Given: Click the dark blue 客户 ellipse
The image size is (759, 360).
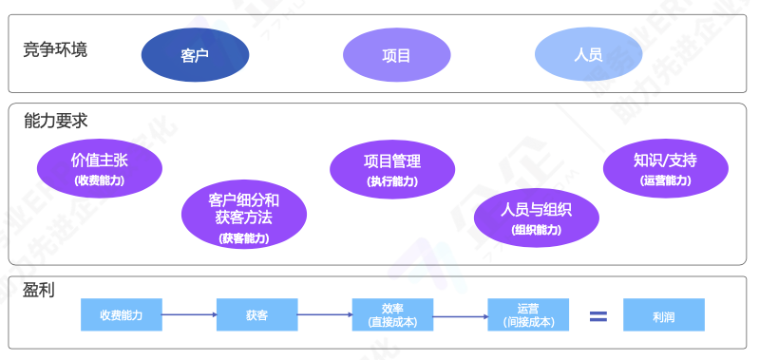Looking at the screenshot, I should pyautogui.click(x=195, y=54).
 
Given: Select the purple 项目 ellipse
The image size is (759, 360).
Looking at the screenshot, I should pyautogui.click(x=396, y=54).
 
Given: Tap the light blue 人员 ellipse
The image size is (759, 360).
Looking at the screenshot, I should pyautogui.click(x=588, y=54).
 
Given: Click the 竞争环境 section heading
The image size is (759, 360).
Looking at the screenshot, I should pyautogui.click(x=55, y=48).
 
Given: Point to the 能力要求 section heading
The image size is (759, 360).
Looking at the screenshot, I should pyautogui.click(x=55, y=121).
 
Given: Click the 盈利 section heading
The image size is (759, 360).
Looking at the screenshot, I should pyautogui.click(x=38, y=289).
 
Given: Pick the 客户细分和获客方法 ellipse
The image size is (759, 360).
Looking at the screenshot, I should pyautogui.click(x=243, y=217).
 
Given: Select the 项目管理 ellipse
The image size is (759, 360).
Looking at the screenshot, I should pyautogui.click(x=391, y=168).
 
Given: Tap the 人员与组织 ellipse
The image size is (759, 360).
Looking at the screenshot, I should pyautogui.click(x=537, y=217).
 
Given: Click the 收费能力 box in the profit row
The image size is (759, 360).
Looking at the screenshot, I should pyautogui.click(x=121, y=314).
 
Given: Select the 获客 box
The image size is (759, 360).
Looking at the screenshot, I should pyautogui.click(x=256, y=314).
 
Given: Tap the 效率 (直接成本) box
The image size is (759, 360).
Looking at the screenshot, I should pyautogui.click(x=392, y=314).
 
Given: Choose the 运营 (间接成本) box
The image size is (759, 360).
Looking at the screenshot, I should pyautogui.click(x=528, y=314).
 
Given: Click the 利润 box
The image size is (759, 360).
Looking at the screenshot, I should pyautogui.click(x=664, y=314).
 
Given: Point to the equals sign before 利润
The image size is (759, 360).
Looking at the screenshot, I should pyautogui.click(x=598, y=315).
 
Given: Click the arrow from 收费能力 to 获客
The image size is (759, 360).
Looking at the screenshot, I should pyautogui.click(x=189, y=314).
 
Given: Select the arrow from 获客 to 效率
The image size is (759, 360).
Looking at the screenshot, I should pyautogui.click(x=325, y=314).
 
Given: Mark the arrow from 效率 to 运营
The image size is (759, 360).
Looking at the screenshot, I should pyautogui.click(x=461, y=314).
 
